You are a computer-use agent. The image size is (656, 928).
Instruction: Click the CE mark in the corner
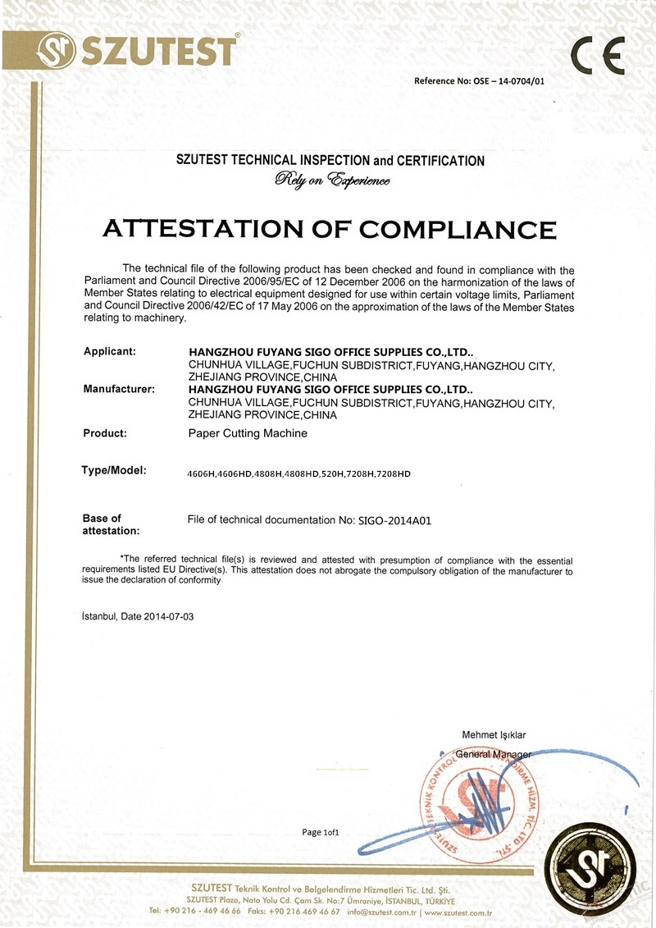[x=598, y=57]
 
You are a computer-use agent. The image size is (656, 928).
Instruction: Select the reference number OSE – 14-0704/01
[x=509, y=80]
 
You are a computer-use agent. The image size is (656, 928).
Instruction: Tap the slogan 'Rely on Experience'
[x=332, y=180]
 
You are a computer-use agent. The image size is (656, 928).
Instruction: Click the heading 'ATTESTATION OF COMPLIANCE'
[x=329, y=226]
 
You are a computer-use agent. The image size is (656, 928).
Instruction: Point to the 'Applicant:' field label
[x=109, y=351]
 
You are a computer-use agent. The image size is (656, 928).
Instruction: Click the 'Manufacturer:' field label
[x=119, y=389]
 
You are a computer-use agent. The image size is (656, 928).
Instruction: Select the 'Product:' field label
[x=105, y=432]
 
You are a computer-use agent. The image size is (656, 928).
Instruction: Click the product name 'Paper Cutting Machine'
[x=248, y=432]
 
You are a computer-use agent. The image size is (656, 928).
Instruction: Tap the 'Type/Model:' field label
[x=113, y=470]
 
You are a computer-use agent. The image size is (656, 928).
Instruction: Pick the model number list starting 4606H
[x=299, y=473]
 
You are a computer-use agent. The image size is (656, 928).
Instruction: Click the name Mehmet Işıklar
[x=494, y=734]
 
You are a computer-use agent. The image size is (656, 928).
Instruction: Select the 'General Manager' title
[x=493, y=754]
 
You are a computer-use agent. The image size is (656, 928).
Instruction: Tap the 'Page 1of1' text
[x=320, y=832]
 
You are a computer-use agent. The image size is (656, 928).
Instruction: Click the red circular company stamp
[x=474, y=800]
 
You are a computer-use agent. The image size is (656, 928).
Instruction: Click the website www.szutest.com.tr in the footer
[x=457, y=912]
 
